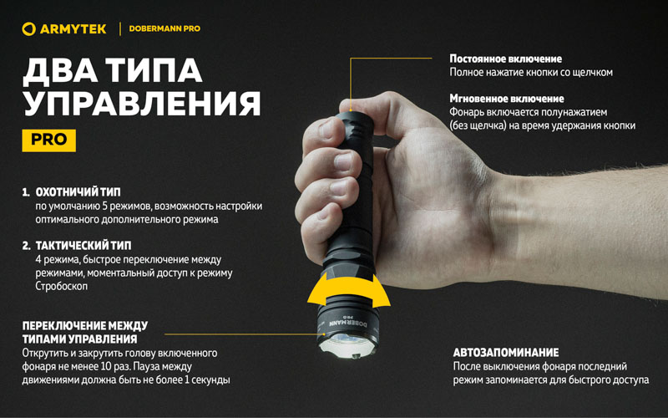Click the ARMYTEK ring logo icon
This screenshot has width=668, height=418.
28,29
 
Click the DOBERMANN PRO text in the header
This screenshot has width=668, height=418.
164,29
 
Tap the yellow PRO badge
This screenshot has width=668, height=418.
49,140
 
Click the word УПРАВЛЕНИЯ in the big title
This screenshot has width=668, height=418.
141,103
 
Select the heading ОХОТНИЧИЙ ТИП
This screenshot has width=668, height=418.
78,192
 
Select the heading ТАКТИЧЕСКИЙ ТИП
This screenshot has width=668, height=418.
83,246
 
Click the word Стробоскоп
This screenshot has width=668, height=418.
61,286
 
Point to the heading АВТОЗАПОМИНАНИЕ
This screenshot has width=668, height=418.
506,353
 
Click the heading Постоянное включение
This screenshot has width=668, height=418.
506,59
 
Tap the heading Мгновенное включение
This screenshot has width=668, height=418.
507,99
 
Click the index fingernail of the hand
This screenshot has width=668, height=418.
326,129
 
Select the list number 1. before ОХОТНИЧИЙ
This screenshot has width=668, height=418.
27,192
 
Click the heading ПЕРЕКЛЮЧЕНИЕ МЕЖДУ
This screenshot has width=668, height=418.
85,326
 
